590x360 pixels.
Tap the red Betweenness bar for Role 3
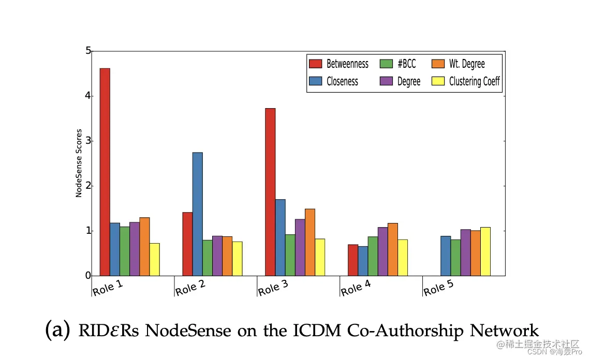pyautogui.click(x=270, y=192)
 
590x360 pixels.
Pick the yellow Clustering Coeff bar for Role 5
pyautogui.click(x=485, y=251)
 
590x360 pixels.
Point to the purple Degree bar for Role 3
pyautogui.click(x=300, y=247)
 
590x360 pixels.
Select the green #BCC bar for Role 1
pyautogui.click(x=125, y=251)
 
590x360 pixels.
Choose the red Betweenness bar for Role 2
pyautogui.click(x=187, y=244)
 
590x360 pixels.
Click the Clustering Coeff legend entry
pyautogui.click(x=466, y=81)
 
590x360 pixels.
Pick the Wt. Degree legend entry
pyautogui.click(x=458, y=64)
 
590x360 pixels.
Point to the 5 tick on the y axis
pyautogui.click(x=88, y=51)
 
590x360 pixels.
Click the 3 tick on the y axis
pyautogui.click(x=88, y=141)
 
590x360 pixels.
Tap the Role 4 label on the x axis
pyautogui.click(x=359, y=288)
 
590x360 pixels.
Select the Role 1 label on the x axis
pyautogui.click(x=108, y=288)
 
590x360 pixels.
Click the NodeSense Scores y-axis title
pyautogui.click(x=79, y=163)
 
